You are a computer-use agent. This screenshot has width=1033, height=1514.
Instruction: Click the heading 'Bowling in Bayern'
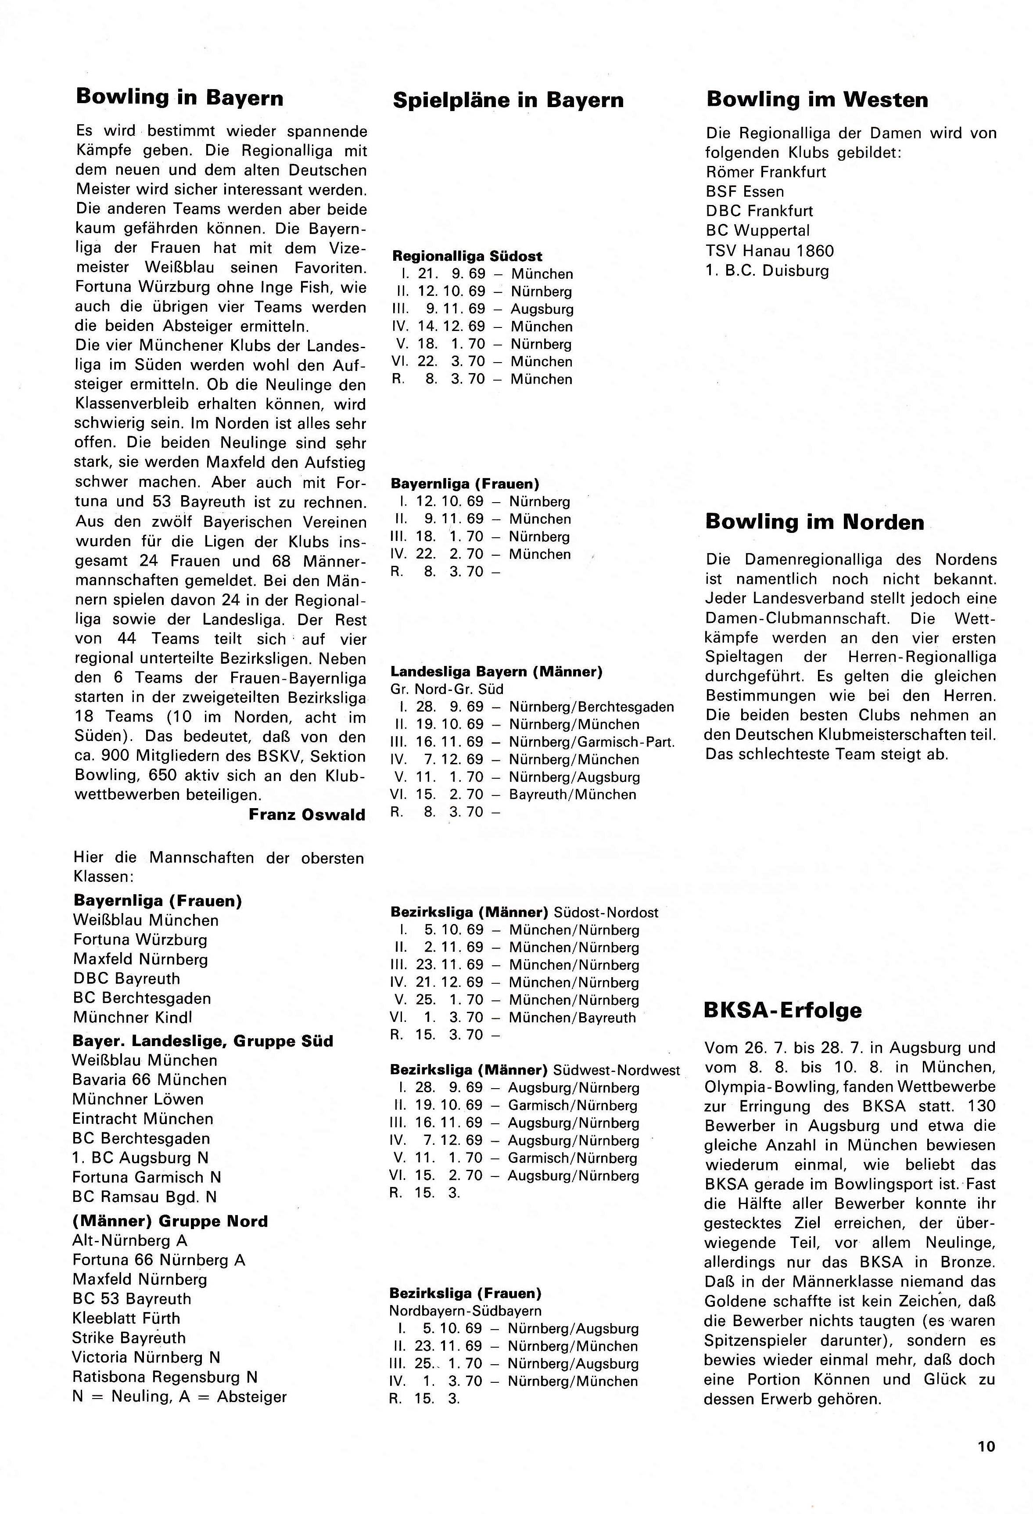(x=180, y=98)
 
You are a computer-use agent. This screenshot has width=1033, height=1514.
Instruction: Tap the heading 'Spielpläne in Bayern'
(x=508, y=101)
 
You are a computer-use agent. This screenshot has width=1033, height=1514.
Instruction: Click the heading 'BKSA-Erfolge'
(x=783, y=1011)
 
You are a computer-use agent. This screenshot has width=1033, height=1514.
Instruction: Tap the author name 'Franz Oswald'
(x=307, y=815)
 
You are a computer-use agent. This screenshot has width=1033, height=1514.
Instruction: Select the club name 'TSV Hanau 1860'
(x=769, y=251)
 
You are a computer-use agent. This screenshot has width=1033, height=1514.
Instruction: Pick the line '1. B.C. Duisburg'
(x=767, y=270)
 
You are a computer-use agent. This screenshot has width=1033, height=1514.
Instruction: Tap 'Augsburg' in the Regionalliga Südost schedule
(x=542, y=309)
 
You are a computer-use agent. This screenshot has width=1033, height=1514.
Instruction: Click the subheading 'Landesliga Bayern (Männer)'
(x=496, y=672)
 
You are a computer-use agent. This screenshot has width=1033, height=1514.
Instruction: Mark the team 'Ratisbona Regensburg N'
(x=165, y=1377)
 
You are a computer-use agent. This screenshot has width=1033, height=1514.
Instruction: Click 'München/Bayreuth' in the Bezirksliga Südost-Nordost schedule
(x=572, y=1018)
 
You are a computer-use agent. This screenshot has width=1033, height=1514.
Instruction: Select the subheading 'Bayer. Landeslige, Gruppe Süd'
(x=203, y=1041)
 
